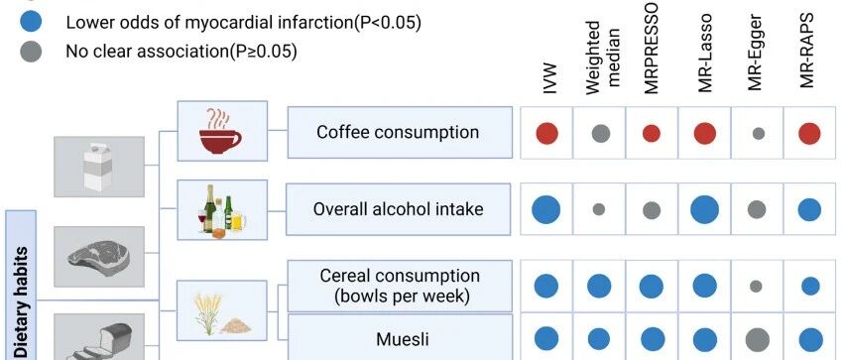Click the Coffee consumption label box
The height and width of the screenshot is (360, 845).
click(x=400, y=132)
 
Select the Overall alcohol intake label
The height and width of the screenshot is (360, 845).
click(x=399, y=209)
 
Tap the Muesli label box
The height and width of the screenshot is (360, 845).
click(x=400, y=337)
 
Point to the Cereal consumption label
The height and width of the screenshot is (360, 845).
click(x=400, y=286)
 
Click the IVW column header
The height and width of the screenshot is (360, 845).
click(x=549, y=79)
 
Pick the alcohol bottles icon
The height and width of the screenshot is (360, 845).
click(x=221, y=210)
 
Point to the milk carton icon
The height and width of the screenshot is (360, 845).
click(x=98, y=167)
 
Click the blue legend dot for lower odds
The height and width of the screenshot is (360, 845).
click(x=31, y=23)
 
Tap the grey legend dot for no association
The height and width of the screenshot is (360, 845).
click(x=31, y=52)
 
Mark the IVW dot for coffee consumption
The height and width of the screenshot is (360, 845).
click(x=547, y=133)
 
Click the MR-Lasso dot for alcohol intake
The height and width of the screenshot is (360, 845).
click(x=704, y=209)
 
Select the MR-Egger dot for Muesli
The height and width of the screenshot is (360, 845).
click(x=757, y=340)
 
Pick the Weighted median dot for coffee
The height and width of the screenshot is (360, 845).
click(x=601, y=133)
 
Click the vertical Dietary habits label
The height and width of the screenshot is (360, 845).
click(x=22, y=301)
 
